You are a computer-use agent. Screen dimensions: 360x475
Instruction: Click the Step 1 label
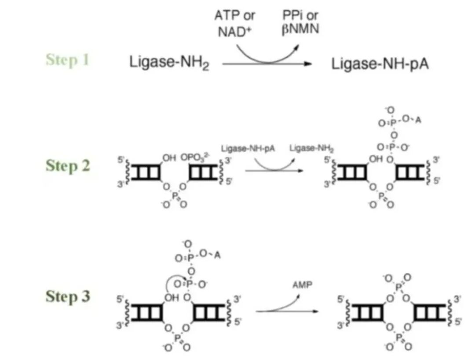pyautogui.click(x=67, y=60)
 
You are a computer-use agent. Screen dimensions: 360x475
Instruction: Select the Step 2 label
pyautogui.click(x=67, y=166)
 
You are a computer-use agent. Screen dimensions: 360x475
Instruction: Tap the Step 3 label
pyautogui.click(x=67, y=296)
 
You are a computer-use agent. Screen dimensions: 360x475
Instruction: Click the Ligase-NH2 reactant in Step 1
pyautogui.click(x=169, y=62)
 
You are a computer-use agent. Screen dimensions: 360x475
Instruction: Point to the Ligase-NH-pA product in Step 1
pyautogui.click(x=380, y=64)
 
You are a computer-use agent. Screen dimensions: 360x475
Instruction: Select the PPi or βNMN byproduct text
pyautogui.click(x=300, y=23)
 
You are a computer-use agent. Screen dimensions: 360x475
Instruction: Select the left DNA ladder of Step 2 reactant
pyautogui.click(x=146, y=172)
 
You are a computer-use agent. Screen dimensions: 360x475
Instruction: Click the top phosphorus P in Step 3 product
pyautogui.click(x=398, y=287)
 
